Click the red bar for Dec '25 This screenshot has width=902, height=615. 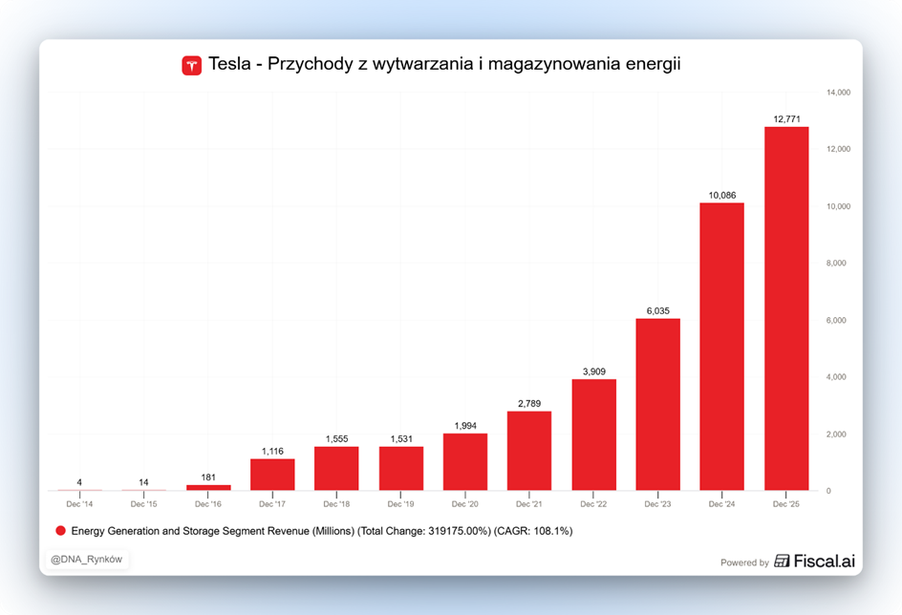tap(786, 308)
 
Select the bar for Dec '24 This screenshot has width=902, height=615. tap(722, 347)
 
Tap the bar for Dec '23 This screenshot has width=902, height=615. tap(658, 404)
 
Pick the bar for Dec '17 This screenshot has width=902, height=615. tap(272, 475)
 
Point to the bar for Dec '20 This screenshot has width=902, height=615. tap(465, 462)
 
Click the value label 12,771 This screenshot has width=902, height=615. tap(786, 119)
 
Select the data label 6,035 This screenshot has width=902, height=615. tap(658, 310)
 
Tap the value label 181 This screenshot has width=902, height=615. tap(208, 477)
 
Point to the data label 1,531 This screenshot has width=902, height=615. tap(401, 438)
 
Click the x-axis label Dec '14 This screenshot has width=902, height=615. tap(80, 503)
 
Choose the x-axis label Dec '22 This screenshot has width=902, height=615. tap(594, 503)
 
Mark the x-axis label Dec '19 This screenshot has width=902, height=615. tap(401, 503)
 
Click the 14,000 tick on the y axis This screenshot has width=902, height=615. tap(838, 93)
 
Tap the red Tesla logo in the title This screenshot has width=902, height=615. tap(192, 66)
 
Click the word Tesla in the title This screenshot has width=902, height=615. tap(229, 65)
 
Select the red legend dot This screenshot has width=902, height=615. tap(60, 530)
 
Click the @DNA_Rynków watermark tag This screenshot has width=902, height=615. tap(86, 560)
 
